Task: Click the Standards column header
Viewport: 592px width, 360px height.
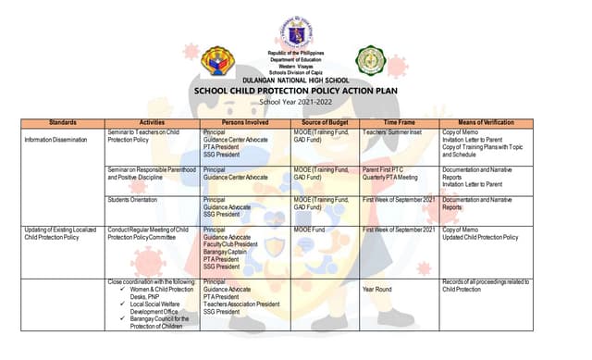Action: (x=62, y=122)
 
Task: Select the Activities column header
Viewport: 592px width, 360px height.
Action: (x=152, y=122)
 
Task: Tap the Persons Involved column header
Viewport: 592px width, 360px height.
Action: (x=245, y=122)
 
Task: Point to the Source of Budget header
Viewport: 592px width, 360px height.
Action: (x=325, y=122)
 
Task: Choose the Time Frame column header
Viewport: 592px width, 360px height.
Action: (x=400, y=122)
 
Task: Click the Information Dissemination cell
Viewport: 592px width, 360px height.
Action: (x=56, y=140)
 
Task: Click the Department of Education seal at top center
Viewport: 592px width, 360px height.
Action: (x=295, y=33)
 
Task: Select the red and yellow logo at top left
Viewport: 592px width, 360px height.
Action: (x=217, y=61)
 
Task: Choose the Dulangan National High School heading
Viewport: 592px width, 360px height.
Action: (x=295, y=81)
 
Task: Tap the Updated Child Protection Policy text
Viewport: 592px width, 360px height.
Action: (x=480, y=237)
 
